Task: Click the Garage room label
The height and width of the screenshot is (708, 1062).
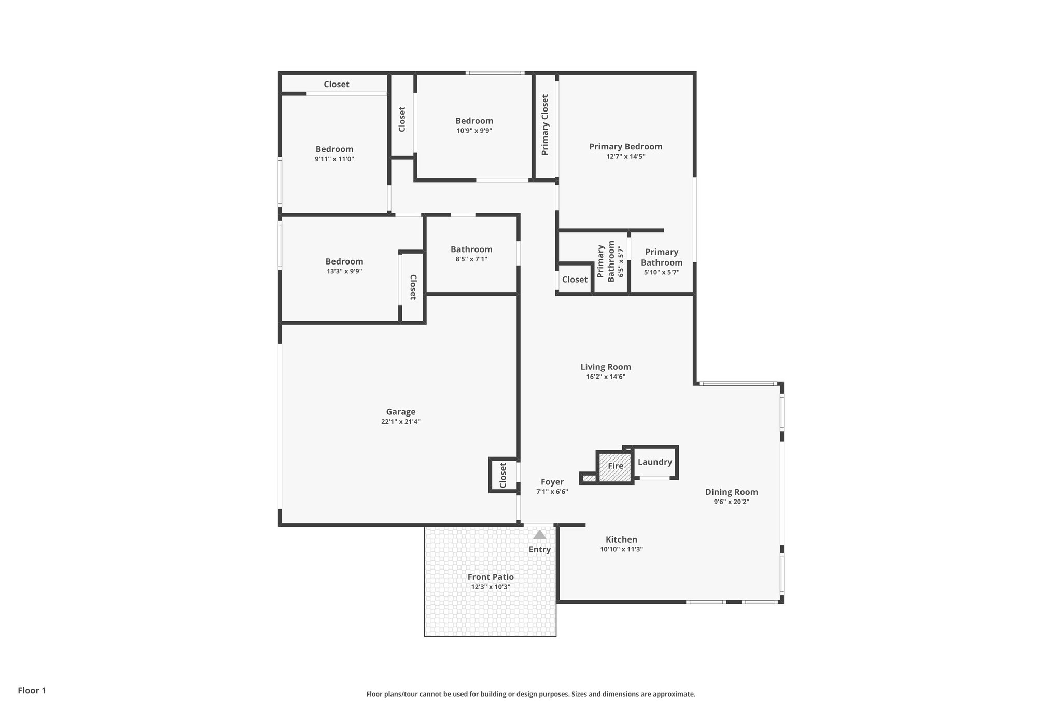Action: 400,412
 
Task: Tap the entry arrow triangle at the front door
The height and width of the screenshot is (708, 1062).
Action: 539,535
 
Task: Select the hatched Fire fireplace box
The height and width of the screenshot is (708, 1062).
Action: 615,466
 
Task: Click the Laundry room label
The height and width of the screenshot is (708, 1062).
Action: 654,462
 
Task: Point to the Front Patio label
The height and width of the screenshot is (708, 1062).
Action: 491,577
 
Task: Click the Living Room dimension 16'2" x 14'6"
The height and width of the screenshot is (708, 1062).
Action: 606,377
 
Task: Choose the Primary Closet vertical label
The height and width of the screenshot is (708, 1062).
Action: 545,124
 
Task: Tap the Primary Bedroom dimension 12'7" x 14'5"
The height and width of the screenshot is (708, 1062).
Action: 625,156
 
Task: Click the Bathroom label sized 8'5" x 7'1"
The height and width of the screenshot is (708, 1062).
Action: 471,249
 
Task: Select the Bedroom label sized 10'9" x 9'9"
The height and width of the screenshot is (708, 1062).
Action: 474,121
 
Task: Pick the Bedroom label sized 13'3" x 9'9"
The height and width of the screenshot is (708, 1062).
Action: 344,261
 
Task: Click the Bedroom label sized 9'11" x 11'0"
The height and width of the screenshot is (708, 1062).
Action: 334,149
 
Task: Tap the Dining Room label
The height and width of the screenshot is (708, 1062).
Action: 731,492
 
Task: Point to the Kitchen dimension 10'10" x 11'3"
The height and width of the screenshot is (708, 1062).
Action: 621,549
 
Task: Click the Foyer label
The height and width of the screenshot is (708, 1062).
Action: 552,482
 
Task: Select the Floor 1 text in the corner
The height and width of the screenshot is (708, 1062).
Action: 32,690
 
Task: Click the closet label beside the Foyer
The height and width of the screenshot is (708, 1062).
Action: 502,475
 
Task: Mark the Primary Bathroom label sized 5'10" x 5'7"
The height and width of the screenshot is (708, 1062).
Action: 662,257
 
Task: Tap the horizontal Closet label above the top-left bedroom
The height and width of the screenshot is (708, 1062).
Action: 336,84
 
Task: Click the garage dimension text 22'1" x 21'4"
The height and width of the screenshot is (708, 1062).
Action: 400,422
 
